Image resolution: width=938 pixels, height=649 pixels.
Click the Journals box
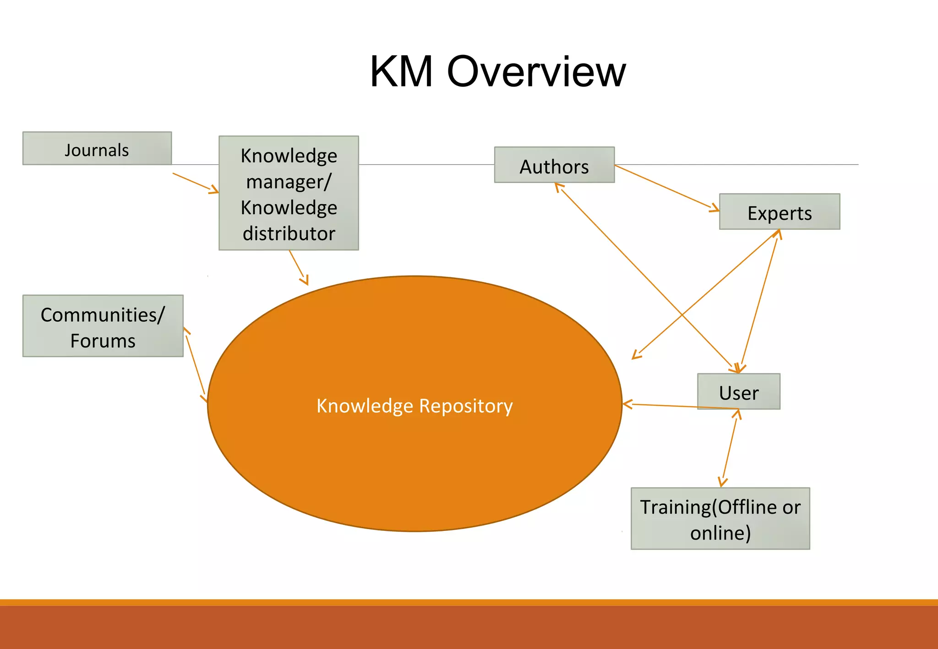pyautogui.click(x=97, y=149)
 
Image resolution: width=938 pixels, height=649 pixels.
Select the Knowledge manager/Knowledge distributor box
pyautogui.click(x=289, y=193)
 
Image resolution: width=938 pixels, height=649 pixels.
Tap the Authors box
pyautogui.click(x=554, y=165)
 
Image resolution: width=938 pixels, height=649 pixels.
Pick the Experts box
pyautogui.click(x=780, y=212)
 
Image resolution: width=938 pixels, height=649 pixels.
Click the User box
pyautogui.click(x=738, y=392)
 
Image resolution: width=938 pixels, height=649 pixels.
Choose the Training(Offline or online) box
pyautogui.click(x=720, y=519)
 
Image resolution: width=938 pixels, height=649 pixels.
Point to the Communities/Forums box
pyautogui.click(x=103, y=326)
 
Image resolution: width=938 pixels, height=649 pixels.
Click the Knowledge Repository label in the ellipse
pyautogui.click(x=414, y=406)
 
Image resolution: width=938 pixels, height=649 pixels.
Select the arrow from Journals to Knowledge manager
pyautogui.click(x=195, y=183)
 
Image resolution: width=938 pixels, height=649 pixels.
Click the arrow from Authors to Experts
pyautogui.click(x=666, y=188)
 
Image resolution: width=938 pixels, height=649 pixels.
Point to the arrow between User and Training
pyautogui.click(x=730, y=449)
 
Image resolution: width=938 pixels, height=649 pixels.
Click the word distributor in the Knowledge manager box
pyautogui.click(x=289, y=233)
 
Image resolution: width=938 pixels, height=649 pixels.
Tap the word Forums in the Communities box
pyautogui.click(x=103, y=341)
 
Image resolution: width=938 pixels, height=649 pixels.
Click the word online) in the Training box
pyautogui.click(x=720, y=533)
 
